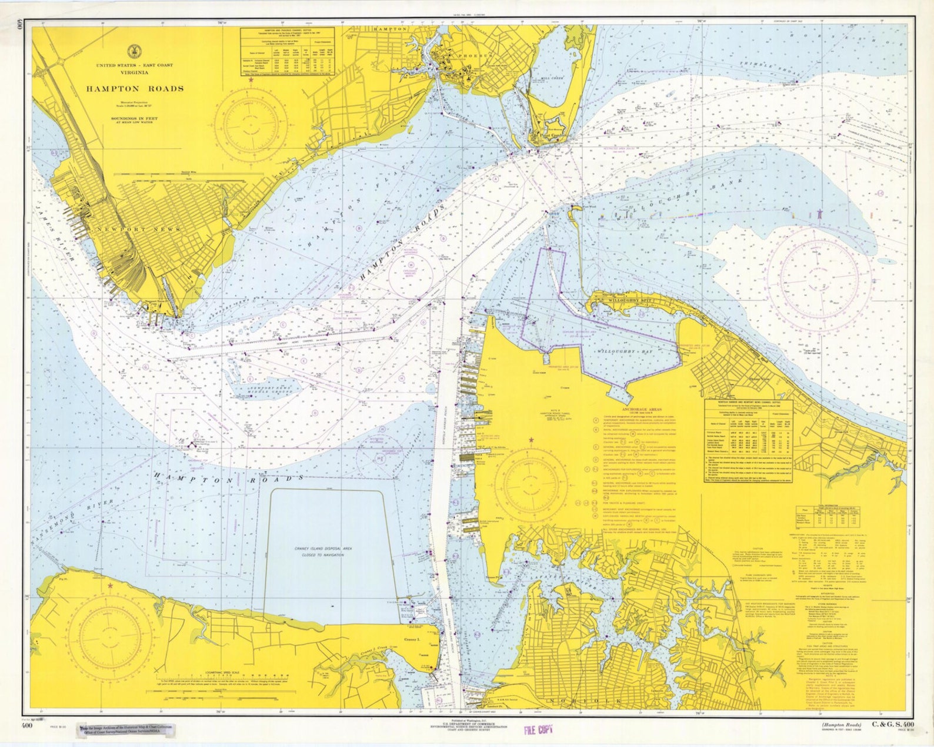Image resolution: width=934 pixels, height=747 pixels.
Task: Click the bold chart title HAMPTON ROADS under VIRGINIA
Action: [135, 89]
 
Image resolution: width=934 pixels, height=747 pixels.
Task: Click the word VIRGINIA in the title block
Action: [135, 72]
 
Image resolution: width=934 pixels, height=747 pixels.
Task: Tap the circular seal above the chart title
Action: [134, 52]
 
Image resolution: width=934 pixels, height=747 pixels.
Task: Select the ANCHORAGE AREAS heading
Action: [642, 408]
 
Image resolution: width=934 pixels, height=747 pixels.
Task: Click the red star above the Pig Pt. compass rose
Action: [110, 585]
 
